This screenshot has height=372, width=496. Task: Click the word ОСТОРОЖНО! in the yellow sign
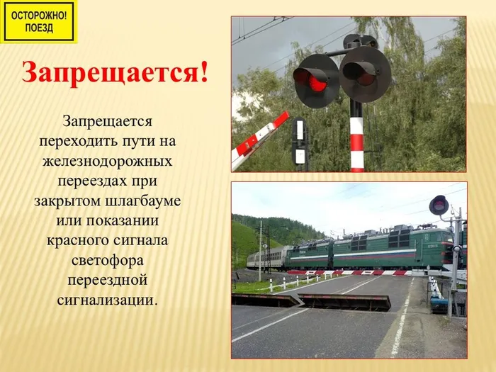click(x=39, y=14)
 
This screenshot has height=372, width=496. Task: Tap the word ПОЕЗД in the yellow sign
click(x=39, y=28)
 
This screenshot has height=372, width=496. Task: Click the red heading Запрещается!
click(x=115, y=72)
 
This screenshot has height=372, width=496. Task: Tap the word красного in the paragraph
click(x=77, y=239)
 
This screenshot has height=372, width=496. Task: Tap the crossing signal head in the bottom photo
click(x=439, y=205)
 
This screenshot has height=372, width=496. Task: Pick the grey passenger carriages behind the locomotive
click(x=266, y=259)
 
